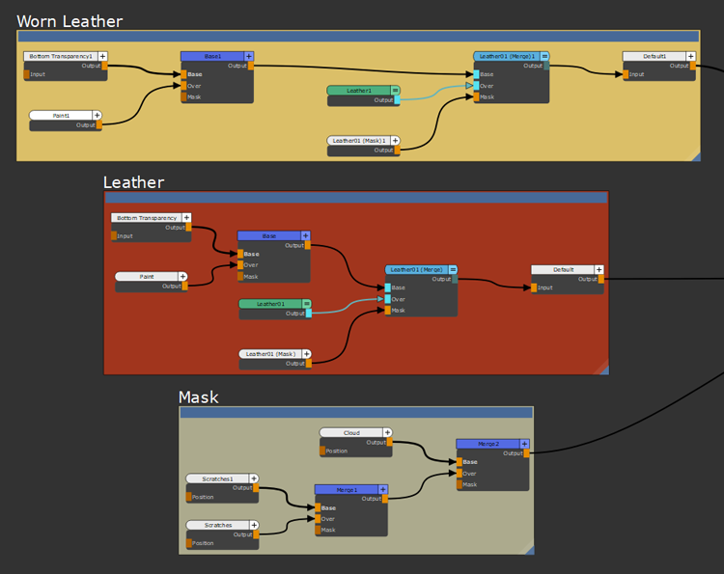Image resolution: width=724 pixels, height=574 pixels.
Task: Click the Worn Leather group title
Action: click(x=70, y=21)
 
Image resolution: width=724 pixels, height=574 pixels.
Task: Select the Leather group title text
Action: click(x=133, y=182)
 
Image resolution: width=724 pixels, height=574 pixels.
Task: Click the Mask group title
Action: click(x=199, y=397)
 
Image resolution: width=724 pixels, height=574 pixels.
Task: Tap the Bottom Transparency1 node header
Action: click(x=60, y=56)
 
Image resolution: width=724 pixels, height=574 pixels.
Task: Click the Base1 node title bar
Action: click(x=212, y=56)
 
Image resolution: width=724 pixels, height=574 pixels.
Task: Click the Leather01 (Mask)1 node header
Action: click(x=358, y=140)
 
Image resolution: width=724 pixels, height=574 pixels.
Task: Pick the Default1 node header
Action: click(x=654, y=56)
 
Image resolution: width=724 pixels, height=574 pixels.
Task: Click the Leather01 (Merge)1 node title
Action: click(x=507, y=56)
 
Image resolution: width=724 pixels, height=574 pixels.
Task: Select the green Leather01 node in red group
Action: click(x=270, y=303)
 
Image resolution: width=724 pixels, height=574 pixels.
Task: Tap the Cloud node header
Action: click(x=351, y=432)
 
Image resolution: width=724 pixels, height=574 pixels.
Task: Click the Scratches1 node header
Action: click(x=218, y=478)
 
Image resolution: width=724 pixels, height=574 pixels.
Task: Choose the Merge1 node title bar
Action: click(x=347, y=489)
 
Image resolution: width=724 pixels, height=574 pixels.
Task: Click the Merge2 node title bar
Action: click(x=487, y=444)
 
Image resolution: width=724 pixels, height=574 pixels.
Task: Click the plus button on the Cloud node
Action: click(x=387, y=432)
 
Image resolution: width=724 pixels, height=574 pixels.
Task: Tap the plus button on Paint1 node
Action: click(x=97, y=115)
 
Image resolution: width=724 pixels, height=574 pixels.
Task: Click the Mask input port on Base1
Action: click(x=183, y=96)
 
